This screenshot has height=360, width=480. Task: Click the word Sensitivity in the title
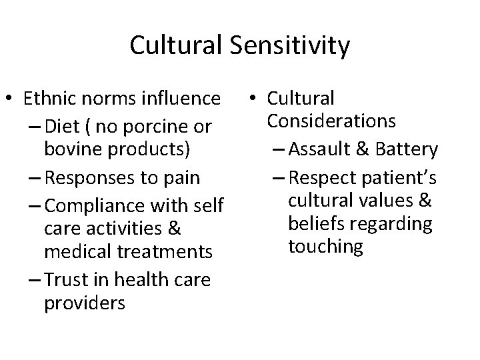pyautogui.click(x=291, y=45)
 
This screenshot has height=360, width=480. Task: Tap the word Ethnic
pyautogui.click(x=50, y=99)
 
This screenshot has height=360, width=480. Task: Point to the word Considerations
pyautogui.click(x=331, y=121)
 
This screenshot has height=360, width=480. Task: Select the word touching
pyautogui.click(x=325, y=247)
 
